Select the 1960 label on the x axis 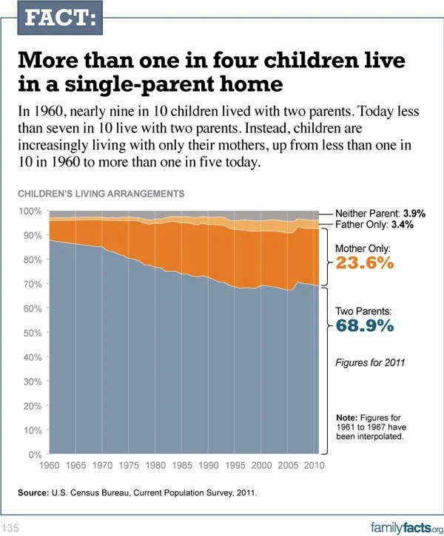[x=49, y=467]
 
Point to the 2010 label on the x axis [x=314, y=467]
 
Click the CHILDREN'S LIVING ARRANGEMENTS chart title [x=99, y=194]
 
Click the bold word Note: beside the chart [x=348, y=418]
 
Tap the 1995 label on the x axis [x=235, y=467]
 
